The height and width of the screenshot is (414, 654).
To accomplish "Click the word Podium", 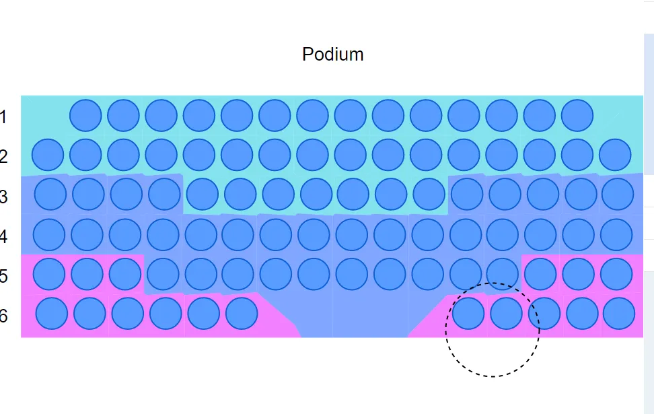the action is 333,55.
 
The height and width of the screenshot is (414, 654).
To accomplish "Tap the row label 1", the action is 3,117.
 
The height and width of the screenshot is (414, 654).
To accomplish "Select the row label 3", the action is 4,197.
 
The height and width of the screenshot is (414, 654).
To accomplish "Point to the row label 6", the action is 4,316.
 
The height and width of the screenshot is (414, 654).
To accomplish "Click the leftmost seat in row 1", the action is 85,115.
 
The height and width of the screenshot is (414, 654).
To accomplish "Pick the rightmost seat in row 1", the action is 577,115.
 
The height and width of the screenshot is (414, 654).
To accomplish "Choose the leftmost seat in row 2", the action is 48,155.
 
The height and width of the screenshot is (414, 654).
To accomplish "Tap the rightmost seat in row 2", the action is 615,155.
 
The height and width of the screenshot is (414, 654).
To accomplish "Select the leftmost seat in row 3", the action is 50,195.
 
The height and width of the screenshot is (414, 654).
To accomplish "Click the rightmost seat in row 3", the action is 618,195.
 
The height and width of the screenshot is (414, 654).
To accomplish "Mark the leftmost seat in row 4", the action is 49,234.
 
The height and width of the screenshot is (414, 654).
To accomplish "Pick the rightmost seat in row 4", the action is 616,234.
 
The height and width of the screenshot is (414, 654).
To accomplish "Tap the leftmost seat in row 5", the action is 49,274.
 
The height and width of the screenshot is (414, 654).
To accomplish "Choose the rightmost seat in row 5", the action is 616,274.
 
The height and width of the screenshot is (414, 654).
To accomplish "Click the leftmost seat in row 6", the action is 52,314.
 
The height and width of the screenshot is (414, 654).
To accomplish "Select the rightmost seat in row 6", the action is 619,314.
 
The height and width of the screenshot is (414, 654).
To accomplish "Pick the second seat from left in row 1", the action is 123,115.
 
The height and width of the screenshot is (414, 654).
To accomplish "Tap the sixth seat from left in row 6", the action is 242,314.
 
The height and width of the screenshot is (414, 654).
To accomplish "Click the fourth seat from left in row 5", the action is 163,274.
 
